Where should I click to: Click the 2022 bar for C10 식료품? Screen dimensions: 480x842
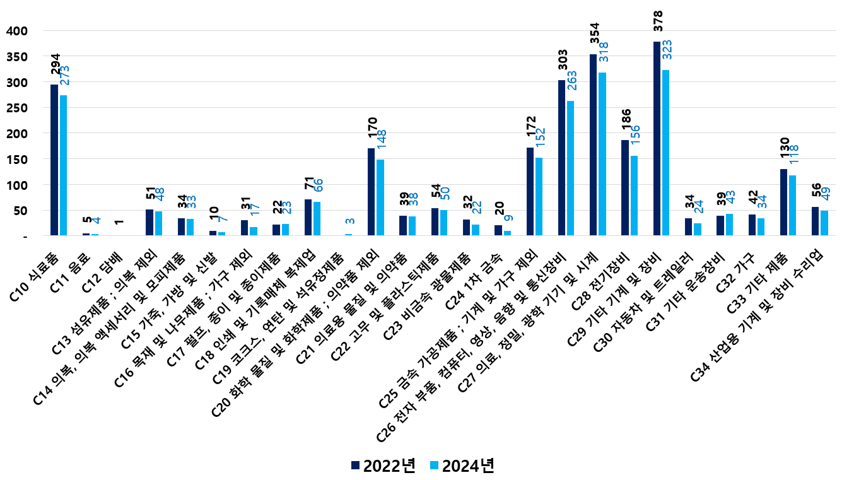coord(54,160)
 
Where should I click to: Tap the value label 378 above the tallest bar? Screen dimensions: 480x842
coord(657,25)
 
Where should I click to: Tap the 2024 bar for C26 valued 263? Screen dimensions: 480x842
coord(570,168)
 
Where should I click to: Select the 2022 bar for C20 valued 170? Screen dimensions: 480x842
coord(371,192)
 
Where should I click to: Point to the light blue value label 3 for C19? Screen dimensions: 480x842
coord(349,221)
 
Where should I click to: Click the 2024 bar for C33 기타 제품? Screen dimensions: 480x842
coord(792,206)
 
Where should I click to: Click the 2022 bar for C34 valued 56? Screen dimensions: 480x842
coord(815,221)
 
